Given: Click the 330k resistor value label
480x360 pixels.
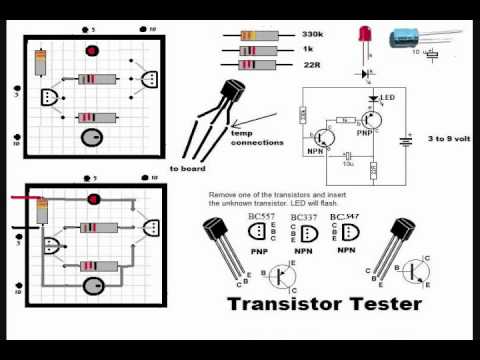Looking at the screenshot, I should click(x=312, y=33).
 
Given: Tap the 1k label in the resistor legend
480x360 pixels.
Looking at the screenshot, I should click(x=307, y=48).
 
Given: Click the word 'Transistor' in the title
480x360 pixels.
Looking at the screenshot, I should click(x=273, y=301).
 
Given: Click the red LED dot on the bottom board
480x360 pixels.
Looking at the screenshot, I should click(x=97, y=198).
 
